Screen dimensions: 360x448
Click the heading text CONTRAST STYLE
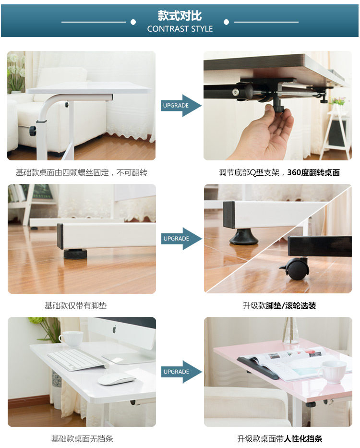[x=180, y=29]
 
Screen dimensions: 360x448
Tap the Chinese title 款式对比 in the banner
[x=180, y=16]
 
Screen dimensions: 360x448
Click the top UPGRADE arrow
[x=181, y=106]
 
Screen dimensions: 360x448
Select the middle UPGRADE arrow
[x=182, y=239]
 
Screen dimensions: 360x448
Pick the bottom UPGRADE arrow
[x=182, y=372]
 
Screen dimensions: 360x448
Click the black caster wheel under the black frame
[x=296, y=269]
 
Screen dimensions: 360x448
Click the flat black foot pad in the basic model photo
[x=75, y=254]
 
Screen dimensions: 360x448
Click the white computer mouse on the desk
[x=117, y=380]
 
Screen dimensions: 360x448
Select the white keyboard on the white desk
[x=77, y=360]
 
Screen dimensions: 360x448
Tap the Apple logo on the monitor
[x=114, y=329]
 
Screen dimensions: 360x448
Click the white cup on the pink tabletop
[x=332, y=372]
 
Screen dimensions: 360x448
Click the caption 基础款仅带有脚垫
[x=76, y=306]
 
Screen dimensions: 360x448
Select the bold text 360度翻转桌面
[x=313, y=172]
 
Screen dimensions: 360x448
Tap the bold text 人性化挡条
[x=303, y=438]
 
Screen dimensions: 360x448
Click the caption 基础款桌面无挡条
[x=82, y=438]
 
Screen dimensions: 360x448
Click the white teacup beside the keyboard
[x=71, y=339]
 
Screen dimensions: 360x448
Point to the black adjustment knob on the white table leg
[x=33, y=131]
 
